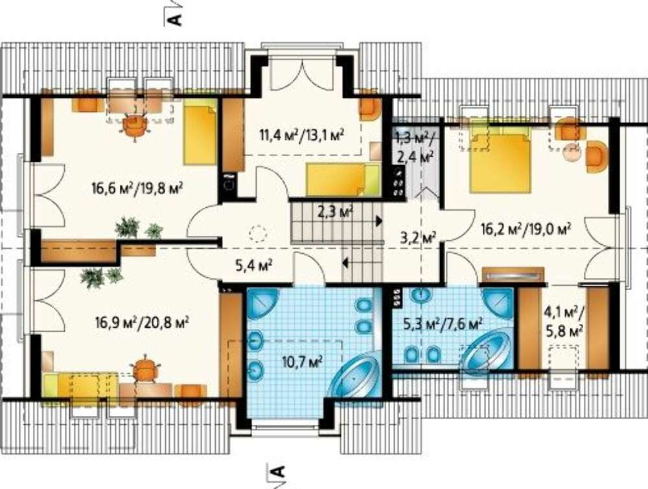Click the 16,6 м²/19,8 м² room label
(x=137, y=189)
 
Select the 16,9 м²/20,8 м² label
(x=142, y=322)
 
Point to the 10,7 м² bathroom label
(x=303, y=362)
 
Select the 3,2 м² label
(x=419, y=238)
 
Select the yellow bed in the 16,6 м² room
(x=200, y=131)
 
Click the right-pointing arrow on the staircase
(x=378, y=221)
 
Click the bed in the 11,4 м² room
(x=343, y=179)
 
